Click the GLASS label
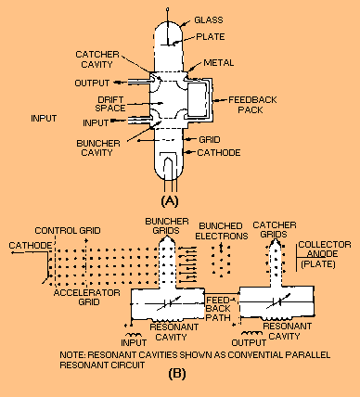coord(209,20)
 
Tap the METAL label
coord(219,63)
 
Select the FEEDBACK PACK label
coord(252,105)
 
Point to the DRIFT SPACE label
coord(110,104)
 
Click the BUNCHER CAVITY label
coord(98,148)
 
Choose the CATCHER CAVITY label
coord(97,59)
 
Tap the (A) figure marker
coord(170,201)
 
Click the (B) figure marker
coord(177,374)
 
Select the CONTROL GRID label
coord(68,231)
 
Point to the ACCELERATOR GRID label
coord(87,297)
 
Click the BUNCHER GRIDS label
coord(167,226)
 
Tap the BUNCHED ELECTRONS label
coord(222,231)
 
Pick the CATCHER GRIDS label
coord(275,229)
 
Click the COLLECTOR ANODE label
coord(325,250)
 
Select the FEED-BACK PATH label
coord(218,309)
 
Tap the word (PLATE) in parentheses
coord(318,264)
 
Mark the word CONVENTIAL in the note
coord(253,354)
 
